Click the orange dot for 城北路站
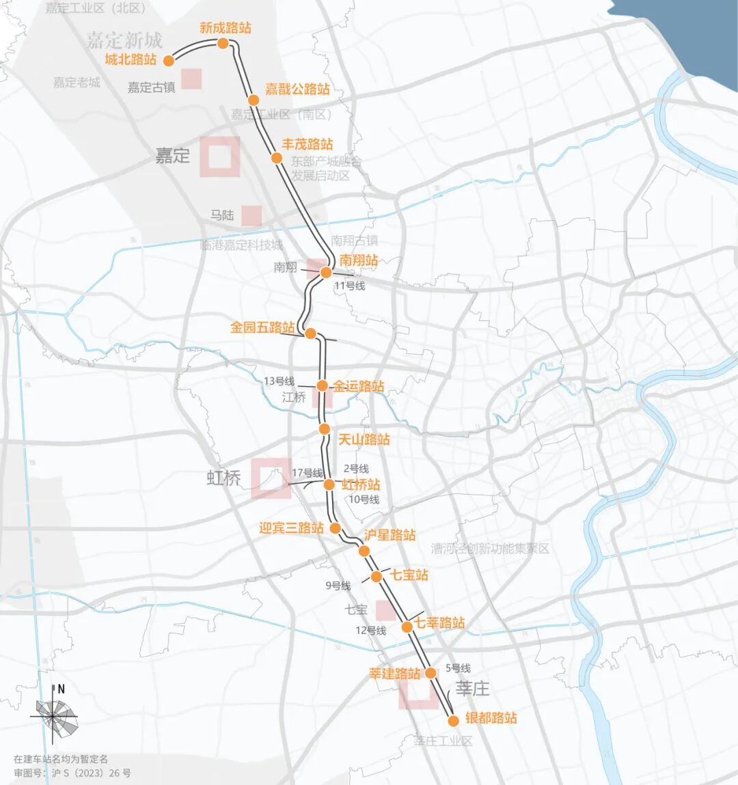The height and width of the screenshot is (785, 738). (x=168, y=61)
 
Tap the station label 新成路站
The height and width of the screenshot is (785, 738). (x=225, y=28)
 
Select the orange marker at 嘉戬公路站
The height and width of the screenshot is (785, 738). (x=254, y=100)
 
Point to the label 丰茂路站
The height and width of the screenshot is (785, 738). (x=307, y=144)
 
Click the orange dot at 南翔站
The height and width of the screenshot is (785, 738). (x=326, y=273)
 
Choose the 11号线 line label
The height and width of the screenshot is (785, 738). (x=349, y=286)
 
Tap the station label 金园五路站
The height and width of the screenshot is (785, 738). (x=262, y=328)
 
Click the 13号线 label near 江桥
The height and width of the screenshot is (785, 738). (x=279, y=381)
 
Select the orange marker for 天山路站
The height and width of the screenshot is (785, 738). (x=325, y=429)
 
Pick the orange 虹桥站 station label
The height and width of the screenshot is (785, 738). (x=361, y=484)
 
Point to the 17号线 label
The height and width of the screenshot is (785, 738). (x=307, y=473)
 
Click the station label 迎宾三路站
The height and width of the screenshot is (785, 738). (x=291, y=528)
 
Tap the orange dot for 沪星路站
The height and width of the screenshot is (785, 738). (x=364, y=551)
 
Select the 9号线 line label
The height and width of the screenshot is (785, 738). (x=338, y=586)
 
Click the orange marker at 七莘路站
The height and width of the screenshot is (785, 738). (x=407, y=626)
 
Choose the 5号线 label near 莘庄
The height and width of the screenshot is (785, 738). (x=458, y=668)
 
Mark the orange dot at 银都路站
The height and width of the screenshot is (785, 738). (x=452, y=721)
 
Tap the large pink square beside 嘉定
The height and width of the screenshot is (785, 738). (x=219, y=156)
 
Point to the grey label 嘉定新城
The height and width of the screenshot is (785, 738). (x=124, y=40)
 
